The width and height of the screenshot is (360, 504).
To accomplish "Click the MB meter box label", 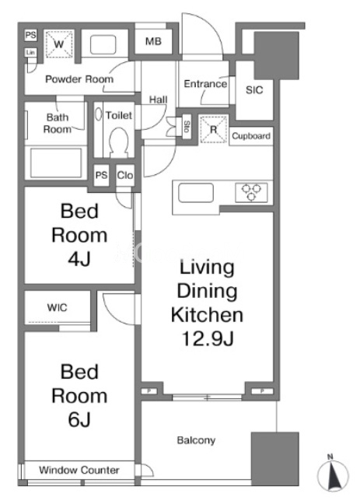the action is (x=153, y=41).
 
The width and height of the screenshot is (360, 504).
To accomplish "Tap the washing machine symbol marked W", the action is (x=59, y=44).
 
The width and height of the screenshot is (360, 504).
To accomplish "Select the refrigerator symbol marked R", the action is (x=213, y=130).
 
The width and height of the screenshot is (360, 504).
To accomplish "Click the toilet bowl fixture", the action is (x=119, y=142).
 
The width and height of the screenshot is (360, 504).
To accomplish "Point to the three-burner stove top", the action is (x=251, y=193).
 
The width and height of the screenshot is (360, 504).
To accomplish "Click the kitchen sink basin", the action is (x=196, y=193).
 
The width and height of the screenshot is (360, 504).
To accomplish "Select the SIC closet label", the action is (x=254, y=90).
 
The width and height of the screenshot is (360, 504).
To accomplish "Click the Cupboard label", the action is (x=251, y=136).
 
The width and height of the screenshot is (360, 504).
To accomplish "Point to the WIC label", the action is (x=58, y=307).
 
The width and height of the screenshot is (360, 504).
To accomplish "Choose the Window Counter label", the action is (x=79, y=470).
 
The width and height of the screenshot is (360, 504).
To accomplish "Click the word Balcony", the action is (x=196, y=440).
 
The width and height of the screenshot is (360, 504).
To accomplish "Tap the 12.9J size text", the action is (x=208, y=338).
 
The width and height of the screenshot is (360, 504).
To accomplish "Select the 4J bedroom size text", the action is (x=79, y=258).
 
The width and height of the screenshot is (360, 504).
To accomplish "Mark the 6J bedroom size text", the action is (x=79, y=419).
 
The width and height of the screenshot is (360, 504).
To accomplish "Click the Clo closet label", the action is (x=125, y=175).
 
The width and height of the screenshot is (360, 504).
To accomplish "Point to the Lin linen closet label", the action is (x=30, y=52).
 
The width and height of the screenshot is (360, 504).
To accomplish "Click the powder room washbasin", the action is (x=103, y=44).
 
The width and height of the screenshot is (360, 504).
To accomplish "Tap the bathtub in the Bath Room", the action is (x=56, y=163).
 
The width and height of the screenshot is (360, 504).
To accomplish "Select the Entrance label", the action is (x=205, y=84).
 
